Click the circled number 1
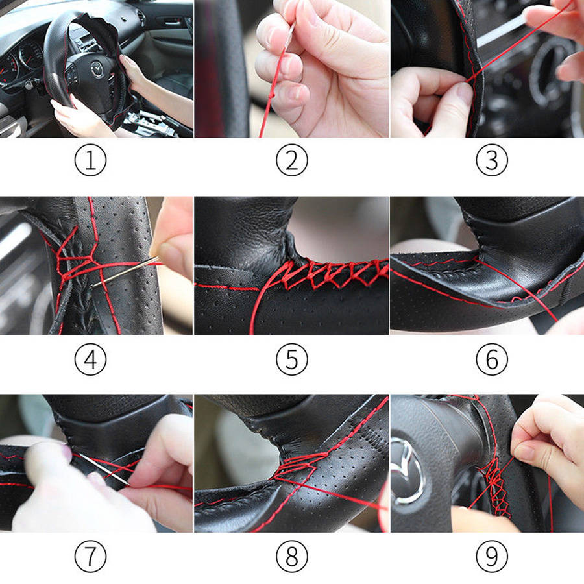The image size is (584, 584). [x=90, y=160]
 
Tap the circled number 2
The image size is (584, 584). [x=292, y=160]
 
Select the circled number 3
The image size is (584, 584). [x=492, y=160]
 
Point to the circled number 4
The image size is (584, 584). [x=90, y=359]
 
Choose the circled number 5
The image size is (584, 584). [x=292, y=359]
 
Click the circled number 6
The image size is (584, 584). [x=492, y=359]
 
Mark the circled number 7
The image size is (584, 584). [x=90, y=557]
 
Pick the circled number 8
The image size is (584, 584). [x=292, y=557]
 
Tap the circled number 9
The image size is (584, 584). [x=492, y=557]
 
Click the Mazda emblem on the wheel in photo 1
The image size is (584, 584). [x=97, y=69]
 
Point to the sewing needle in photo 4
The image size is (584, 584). [x=125, y=272]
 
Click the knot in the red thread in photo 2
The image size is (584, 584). [x=273, y=96]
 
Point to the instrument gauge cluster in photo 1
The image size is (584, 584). [x=21, y=62]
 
